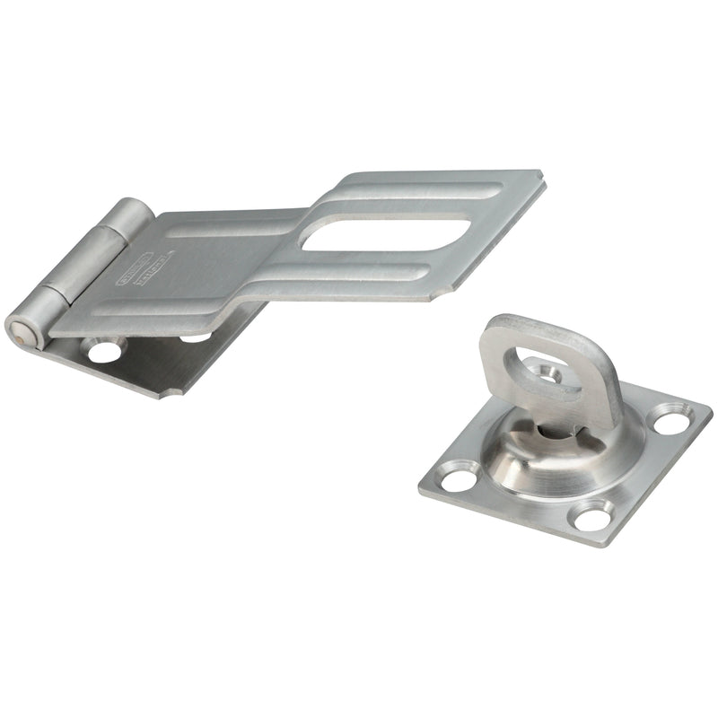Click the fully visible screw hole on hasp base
click(x=104, y=349)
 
